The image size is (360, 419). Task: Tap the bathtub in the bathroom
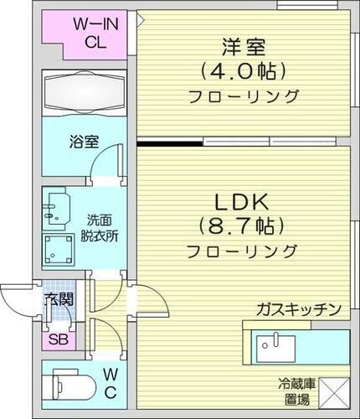point(83,91)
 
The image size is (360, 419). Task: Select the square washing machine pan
point(60,248)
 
